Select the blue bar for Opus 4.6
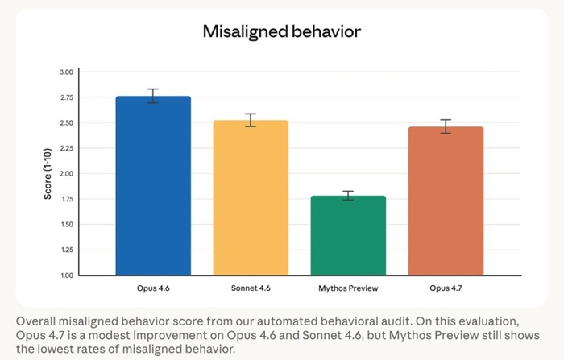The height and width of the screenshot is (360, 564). pyautogui.click(x=153, y=185)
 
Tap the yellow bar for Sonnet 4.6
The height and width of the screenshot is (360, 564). pyautogui.click(x=251, y=197)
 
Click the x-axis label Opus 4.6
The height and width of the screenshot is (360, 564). pyautogui.click(x=153, y=288)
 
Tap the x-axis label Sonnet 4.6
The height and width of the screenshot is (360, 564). pyautogui.click(x=251, y=288)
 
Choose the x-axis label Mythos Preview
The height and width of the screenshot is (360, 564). pyautogui.click(x=348, y=288)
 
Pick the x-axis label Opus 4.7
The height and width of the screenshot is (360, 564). pyautogui.click(x=446, y=288)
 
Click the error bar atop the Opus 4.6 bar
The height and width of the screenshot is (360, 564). pyautogui.click(x=153, y=96)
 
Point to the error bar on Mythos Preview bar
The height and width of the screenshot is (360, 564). pyautogui.click(x=348, y=195)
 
